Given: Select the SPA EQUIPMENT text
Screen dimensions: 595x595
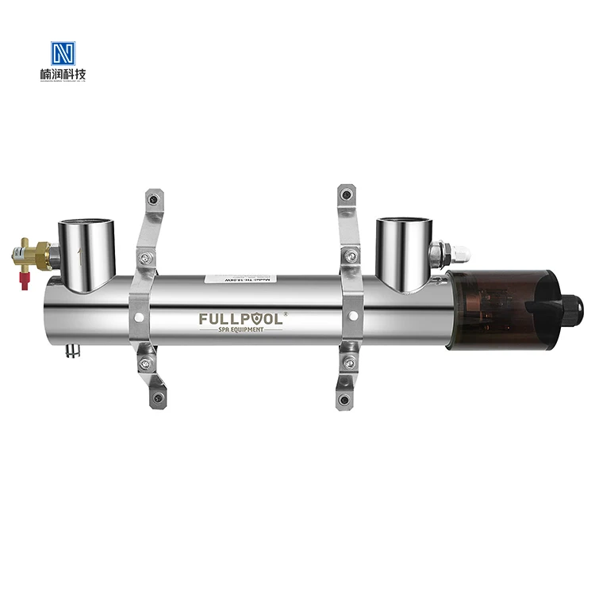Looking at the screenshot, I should coord(241,332).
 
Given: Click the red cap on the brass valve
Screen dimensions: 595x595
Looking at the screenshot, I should coord(25,282).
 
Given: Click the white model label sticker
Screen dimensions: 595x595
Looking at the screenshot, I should coord(239,280).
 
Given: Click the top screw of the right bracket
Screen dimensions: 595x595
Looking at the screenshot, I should coord(344,194).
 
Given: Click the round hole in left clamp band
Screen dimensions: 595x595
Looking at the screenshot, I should coord(140,316).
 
